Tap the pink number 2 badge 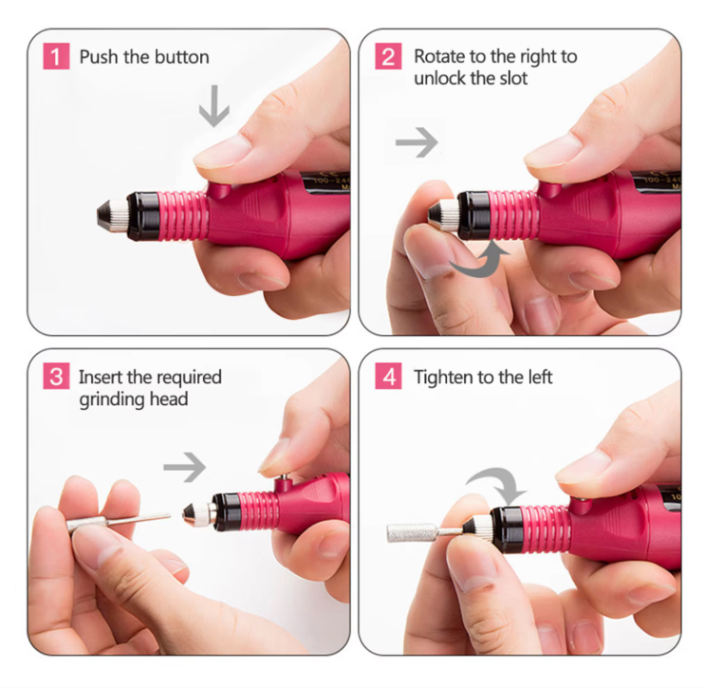tap(388, 56)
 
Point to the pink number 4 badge tap(388, 378)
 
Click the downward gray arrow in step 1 tap(214, 109)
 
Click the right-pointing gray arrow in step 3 tap(183, 467)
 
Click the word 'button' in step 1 tap(182, 57)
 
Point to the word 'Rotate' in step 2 tap(440, 57)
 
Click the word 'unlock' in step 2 tap(440, 78)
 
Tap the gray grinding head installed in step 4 tap(409, 532)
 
